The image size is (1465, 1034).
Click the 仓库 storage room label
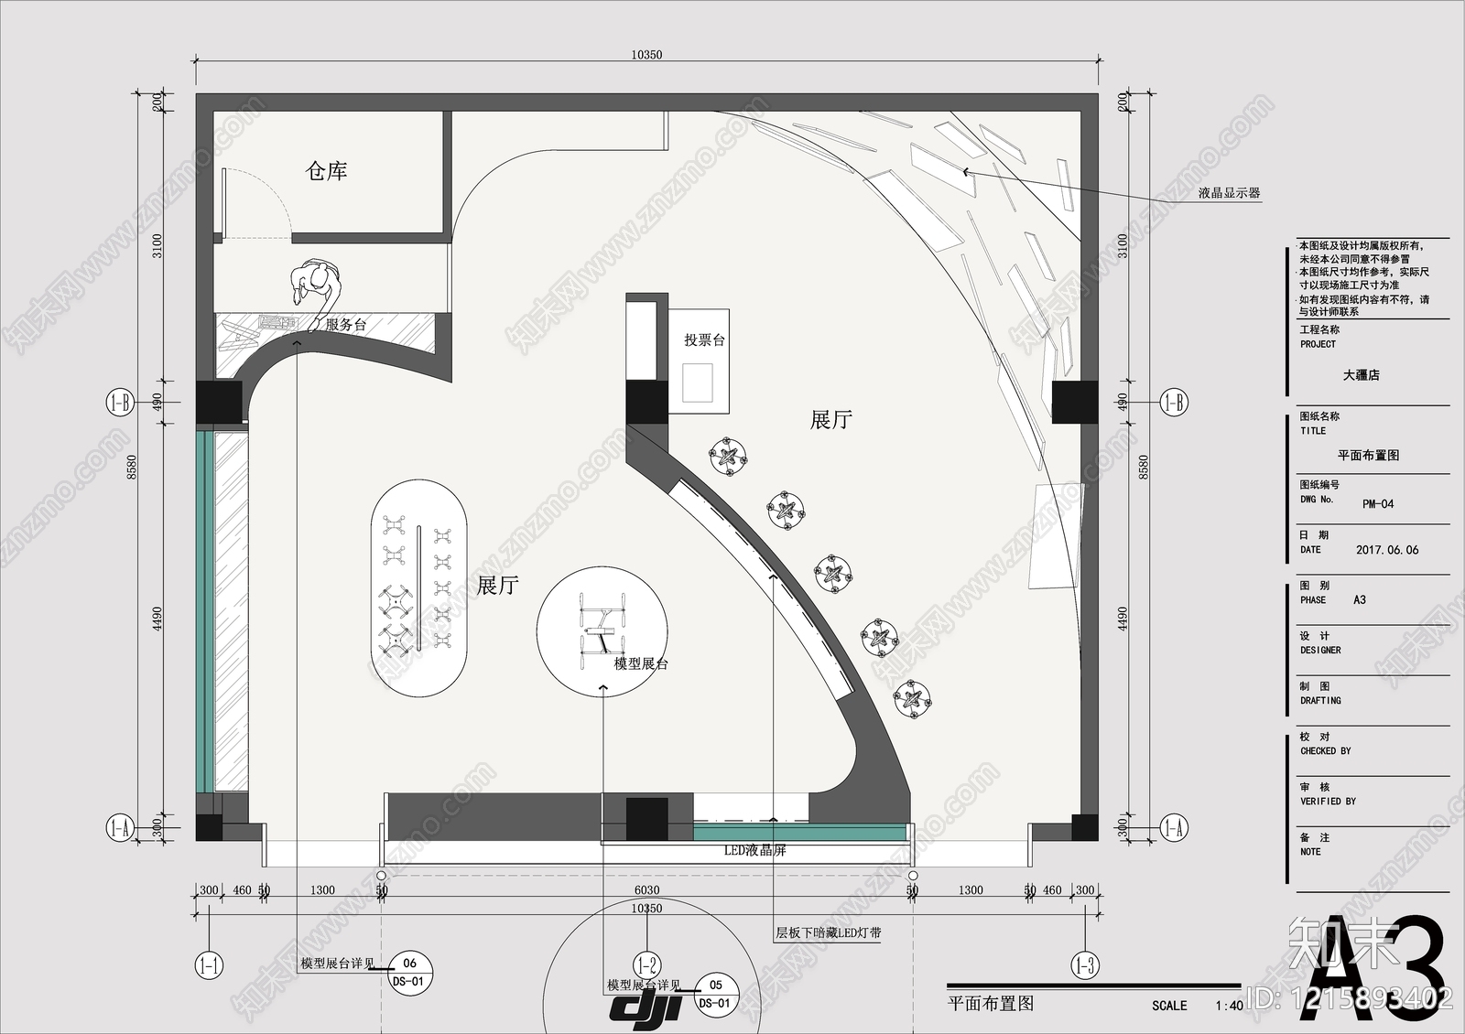(326, 171)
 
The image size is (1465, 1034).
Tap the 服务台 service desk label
(346, 325)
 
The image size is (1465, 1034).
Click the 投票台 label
(704, 340)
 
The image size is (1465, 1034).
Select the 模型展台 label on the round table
(641, 663)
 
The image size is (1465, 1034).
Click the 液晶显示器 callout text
(1229, 193)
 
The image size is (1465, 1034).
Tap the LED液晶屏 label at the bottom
(754, 851)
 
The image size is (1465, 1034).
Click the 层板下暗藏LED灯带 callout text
(829, 933)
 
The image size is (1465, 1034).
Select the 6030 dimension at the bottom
(646, 890)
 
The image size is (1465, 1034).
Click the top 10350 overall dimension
(646, 55)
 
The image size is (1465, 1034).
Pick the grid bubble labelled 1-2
(646, 964)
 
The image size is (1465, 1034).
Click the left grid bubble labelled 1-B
(120, 403)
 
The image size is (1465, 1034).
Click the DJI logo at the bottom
(646, 1007)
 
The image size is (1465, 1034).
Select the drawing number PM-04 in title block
(1377, 504)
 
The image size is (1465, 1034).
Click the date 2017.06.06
(1387, 550)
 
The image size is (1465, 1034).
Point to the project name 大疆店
(1361, 375)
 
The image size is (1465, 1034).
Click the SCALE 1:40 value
(1229, 1006)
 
